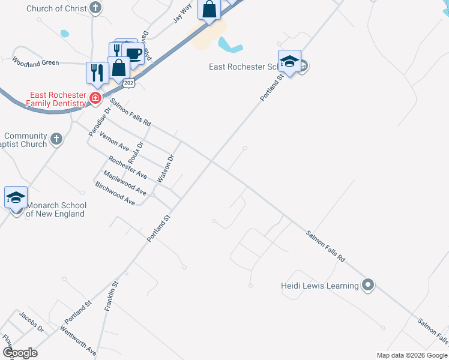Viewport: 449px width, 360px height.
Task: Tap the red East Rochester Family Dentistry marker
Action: tap(95, 98)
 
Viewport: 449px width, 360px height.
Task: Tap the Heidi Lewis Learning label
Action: tap(319, 286)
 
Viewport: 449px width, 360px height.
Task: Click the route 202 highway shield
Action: tap(129, 83)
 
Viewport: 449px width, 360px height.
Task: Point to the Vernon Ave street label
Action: tap(115, 142)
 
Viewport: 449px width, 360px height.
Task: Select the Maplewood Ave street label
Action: tap(125, 182)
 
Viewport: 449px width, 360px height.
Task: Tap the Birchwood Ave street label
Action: tap(115, 193)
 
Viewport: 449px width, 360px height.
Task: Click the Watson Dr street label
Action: tap(165, 169)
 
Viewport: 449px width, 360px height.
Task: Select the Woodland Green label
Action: tap(35, 61)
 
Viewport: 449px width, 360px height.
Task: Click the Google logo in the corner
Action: tap(20, 352)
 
